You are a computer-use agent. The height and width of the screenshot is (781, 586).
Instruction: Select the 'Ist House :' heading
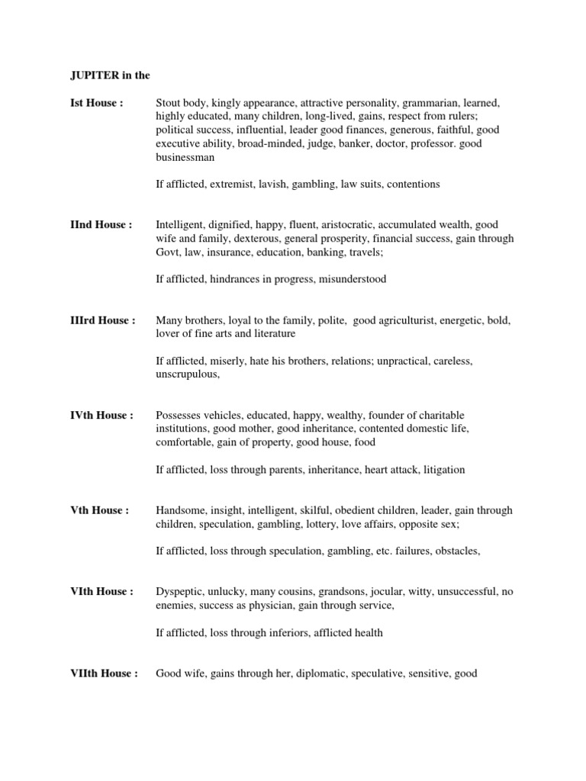point(96,103)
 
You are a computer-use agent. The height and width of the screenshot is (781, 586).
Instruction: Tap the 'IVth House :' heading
point(101,416)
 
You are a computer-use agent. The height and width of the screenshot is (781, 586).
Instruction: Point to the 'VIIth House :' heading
point(104,673)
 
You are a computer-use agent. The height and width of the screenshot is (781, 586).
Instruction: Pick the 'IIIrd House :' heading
point(102,321)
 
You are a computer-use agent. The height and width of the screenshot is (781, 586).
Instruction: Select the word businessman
point(185,157)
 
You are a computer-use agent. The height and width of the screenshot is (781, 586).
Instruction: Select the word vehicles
point(228,416)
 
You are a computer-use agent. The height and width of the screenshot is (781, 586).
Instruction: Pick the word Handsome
point(180,510)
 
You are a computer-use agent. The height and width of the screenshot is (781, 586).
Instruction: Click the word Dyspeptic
point(181,592)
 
